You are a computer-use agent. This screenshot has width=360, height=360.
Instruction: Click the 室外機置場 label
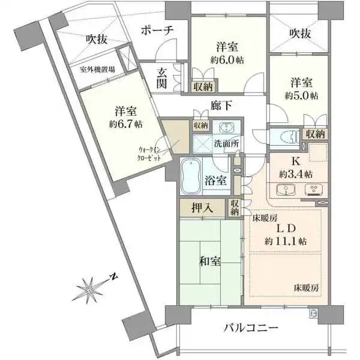pyautogui.click(x=98, y=69)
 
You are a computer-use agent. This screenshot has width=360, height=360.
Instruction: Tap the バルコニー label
pyautogui.click(x=251, y=328)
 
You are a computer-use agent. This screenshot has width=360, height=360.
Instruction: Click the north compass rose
pyautogui.click(x=90, y=289)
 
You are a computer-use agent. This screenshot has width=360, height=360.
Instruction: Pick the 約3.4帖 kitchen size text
pyautogui.click(x=295, y=174)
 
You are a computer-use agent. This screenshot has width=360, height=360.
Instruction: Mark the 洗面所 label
pyautogui.click(x=226, y=145)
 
